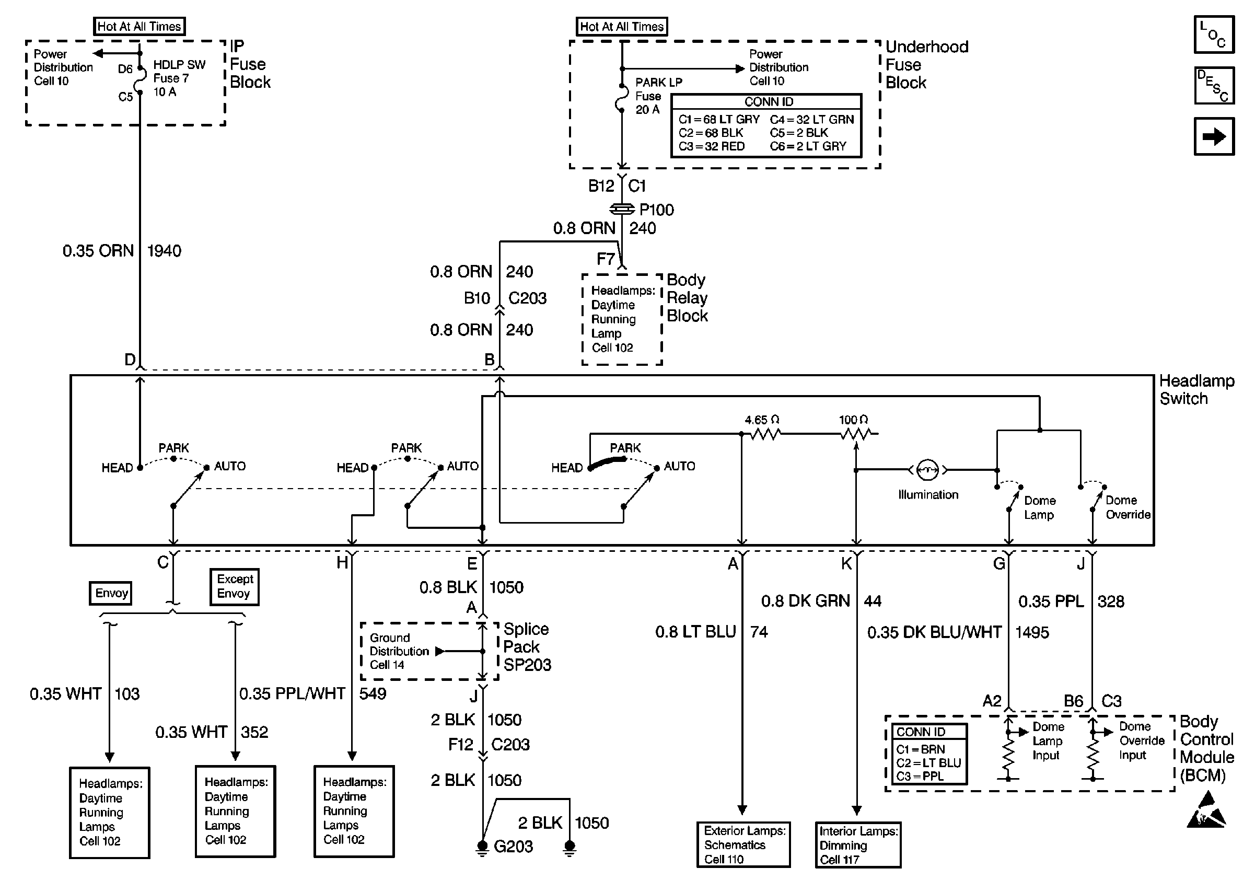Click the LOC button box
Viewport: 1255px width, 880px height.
coord(1213,34)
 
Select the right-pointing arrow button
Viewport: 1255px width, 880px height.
coord(1213,136)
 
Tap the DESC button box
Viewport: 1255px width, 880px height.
coord(1213,86)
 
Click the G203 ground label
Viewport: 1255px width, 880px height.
coord(513,847)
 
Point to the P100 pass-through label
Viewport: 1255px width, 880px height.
coord(656,210)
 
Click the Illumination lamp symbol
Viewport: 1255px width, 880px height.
coord(927,469)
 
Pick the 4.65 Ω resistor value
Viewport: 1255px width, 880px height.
coord(761,420)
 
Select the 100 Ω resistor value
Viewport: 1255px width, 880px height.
coord(853,420)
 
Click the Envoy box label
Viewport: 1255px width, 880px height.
coord(111,594)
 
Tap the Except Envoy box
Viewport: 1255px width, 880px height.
coord(235,586)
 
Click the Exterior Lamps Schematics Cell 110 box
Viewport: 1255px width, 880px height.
coord(743,844)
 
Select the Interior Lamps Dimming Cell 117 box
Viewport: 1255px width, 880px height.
coord(857,845)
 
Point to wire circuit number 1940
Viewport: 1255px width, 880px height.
coord(164,251)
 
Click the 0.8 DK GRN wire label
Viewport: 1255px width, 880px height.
coord(805,601)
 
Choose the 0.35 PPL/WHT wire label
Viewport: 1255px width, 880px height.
coord(292,693)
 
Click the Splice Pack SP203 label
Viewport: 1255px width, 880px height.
coord(526,647)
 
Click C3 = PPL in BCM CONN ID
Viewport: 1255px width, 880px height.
coord(920,776)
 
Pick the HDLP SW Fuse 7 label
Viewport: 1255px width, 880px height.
coord(178,78)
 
